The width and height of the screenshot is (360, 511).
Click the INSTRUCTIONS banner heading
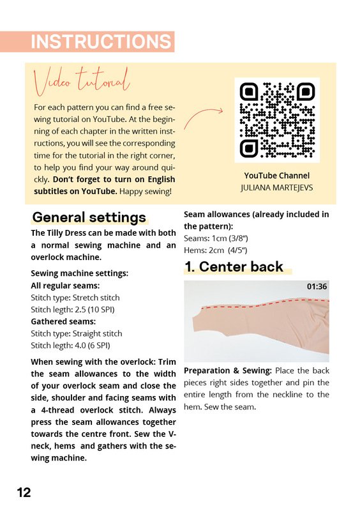click(101, 42)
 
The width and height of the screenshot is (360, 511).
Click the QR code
click(277, 120)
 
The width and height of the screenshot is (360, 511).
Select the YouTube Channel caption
click(276, 176)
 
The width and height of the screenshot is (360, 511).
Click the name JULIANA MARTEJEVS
click(276, 188)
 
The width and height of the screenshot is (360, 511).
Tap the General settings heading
click(89, 217)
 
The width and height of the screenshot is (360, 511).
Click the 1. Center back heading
click(234, 266)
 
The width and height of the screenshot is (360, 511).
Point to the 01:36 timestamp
click(317, 286)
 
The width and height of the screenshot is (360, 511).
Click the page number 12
click(24, 492)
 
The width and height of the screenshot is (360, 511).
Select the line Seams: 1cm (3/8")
click(216, 238)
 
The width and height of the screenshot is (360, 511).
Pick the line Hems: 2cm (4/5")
click(215, 250)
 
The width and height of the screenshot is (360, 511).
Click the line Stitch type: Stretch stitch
click(75, 298)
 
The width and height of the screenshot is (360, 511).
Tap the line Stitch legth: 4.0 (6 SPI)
click(70, 346)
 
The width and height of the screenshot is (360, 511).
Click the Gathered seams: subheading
click(63, 322)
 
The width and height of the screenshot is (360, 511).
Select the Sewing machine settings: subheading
click(80, 273)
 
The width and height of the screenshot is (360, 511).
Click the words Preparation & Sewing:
click(228, 370)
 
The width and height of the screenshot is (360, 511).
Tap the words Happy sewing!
click(146, 191)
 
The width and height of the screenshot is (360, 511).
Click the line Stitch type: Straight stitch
click(77, 333)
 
